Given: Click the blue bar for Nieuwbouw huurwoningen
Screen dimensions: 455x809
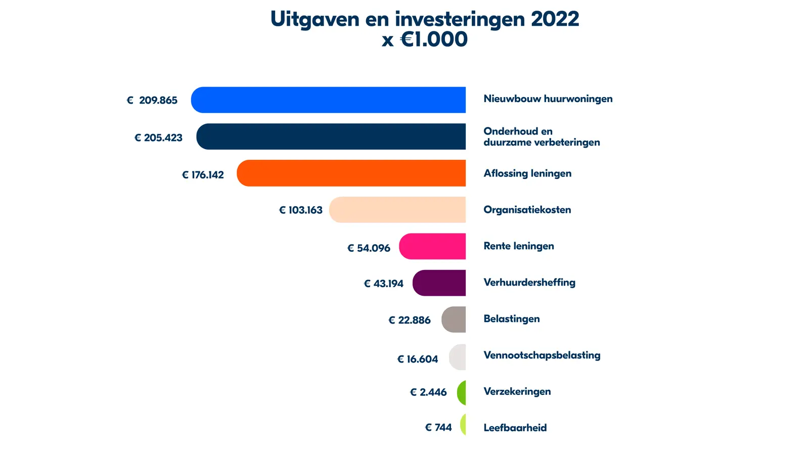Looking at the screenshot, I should click(x=329, y=100).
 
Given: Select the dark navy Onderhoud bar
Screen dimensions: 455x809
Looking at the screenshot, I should click(x=331, y=136).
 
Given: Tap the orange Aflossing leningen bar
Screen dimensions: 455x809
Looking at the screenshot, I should click(x=351, y=173).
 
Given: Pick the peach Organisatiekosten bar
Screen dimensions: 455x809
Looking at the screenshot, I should click(x=397, y=210).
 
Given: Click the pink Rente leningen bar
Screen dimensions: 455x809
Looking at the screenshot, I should click(x=433, y=246).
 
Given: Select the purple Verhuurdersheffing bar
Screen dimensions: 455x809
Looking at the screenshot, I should click(x=439, y=283).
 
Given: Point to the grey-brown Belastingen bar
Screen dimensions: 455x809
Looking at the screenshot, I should click(x=454, y=320).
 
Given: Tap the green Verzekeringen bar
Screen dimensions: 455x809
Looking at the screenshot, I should click(x=462, y=393).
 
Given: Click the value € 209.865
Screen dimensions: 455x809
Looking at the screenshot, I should click(x=152, y=100).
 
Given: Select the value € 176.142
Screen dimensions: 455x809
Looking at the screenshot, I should click(x=203, y=175).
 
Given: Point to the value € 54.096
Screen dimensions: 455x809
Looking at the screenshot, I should click(x=369, y=248).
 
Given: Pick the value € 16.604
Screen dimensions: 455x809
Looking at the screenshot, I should click(x=418, y=359).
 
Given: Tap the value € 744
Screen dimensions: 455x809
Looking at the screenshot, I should click(x=438, y=428).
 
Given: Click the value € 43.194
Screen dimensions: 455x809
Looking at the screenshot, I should click(x=384, y=284).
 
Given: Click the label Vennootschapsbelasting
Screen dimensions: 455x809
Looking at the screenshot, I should click(x=542, y=355).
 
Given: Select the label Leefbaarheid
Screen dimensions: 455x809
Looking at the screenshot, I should click(x=515, y=428).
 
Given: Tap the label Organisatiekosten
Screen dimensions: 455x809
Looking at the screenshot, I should click(x=527, y=210).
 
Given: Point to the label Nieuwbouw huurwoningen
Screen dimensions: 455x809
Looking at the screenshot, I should click(x=548, y=99).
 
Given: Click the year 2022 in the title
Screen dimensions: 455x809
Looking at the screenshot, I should click(x=555, y=19).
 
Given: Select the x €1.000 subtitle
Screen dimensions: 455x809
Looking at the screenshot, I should click(x=425, y=39).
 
